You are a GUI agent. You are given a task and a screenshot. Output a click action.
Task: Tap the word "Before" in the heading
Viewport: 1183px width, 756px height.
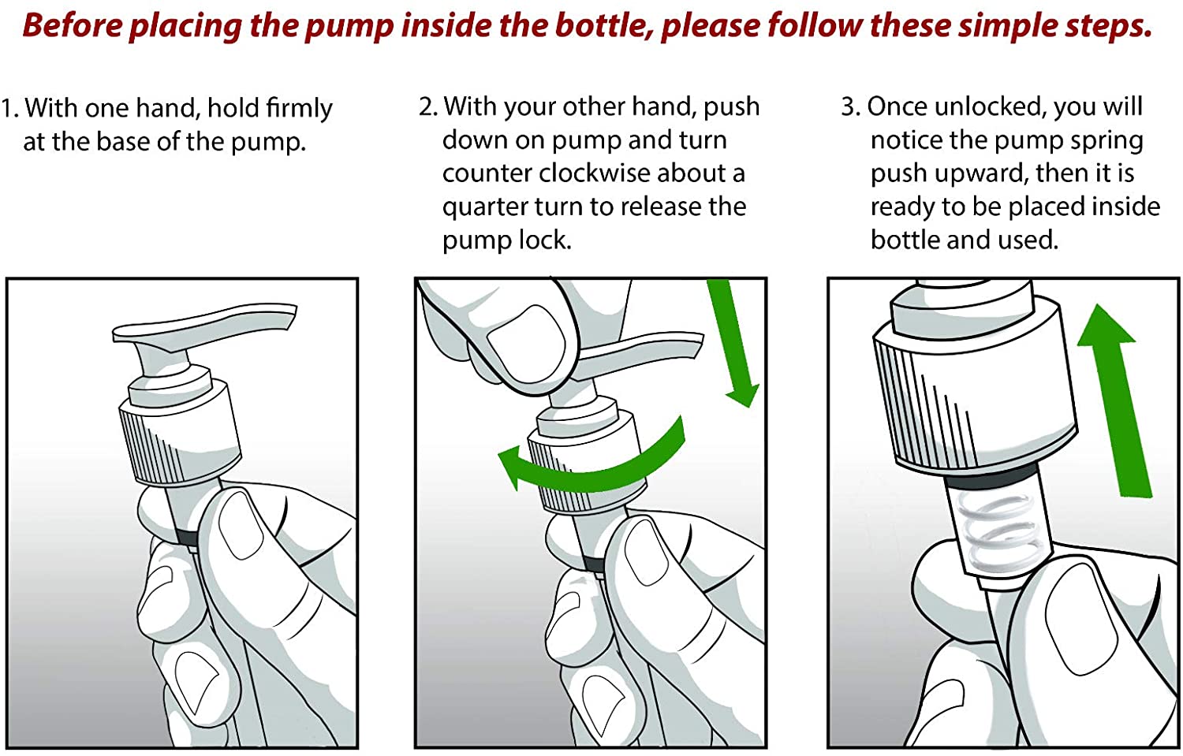(x=73, y=25)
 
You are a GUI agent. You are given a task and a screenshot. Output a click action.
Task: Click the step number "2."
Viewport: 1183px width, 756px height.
(x=428, y=106)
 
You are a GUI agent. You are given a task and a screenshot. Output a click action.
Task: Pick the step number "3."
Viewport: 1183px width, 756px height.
(x=851, y=106)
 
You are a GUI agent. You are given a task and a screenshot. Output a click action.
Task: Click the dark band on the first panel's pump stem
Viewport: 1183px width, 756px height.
(x=186, y=538)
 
